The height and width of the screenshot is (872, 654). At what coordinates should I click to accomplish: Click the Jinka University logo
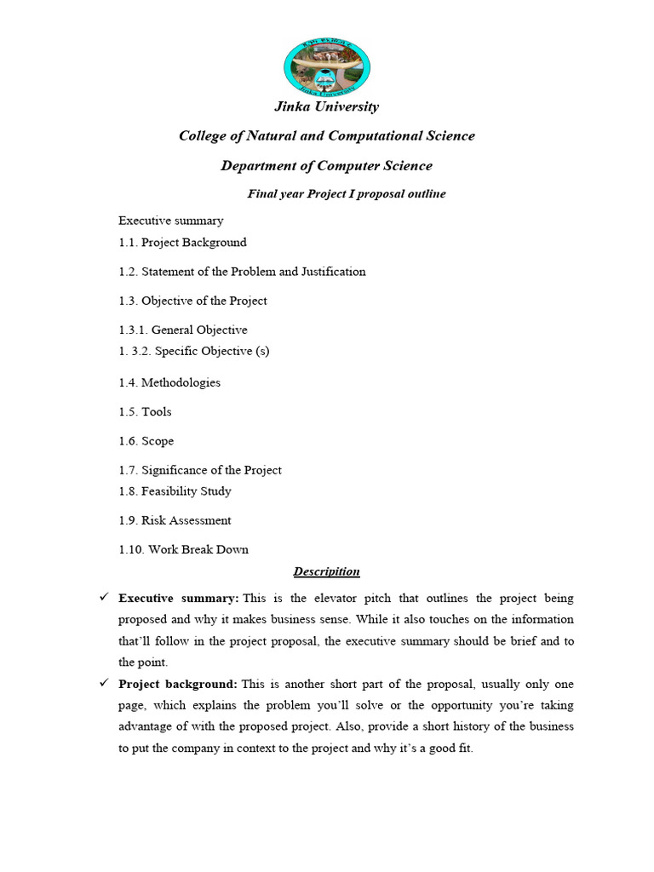point(326,66)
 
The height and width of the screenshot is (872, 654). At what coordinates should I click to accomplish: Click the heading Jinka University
point(326,106)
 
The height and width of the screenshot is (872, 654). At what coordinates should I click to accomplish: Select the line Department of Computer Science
point(326,166)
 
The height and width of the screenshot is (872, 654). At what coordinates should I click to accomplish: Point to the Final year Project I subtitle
point(347,194)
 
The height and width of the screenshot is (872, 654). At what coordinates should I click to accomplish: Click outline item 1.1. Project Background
point(183,243)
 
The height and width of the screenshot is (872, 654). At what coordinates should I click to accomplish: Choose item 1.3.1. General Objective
point(183,330)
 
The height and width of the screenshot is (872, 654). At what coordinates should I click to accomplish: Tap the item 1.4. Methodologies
point(169,383)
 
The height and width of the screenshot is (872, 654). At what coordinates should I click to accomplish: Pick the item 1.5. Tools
point(145,412)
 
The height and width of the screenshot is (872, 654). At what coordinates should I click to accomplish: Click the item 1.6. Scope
point(146,441)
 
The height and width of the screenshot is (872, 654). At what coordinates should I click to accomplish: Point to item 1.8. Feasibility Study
point(175,491)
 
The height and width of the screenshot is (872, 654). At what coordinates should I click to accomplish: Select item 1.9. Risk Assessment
point(175,520)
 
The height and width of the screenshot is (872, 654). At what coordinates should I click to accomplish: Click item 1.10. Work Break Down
point(184,550)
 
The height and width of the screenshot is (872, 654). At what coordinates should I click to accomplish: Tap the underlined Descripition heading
point(326,572)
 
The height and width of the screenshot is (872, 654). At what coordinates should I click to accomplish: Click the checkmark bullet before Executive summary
point(104,598)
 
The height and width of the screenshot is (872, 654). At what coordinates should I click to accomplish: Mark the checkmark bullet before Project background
point(104,684)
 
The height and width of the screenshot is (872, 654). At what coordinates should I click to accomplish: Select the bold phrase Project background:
point(177,685)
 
